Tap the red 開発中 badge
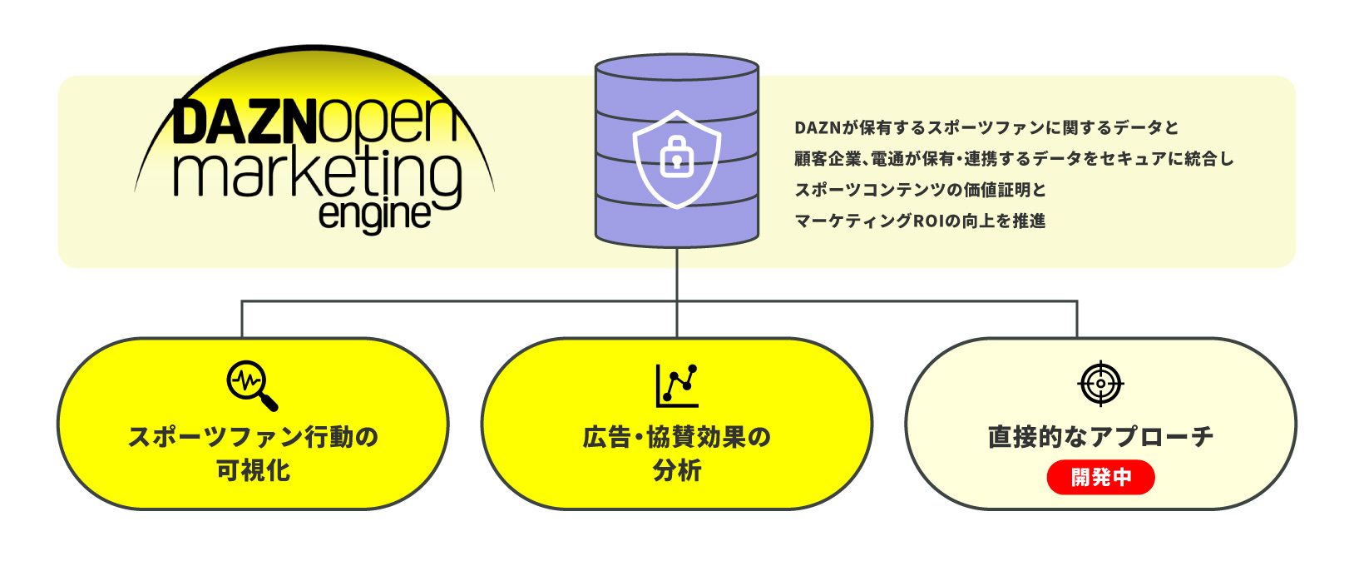pos(1100,477)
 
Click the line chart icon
pos(677,385)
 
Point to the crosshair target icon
pos(1100,384)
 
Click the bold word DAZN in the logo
pos(245,123)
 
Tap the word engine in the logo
pos(374,214)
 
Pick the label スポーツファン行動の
pos(253,436)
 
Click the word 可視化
pos(253,470)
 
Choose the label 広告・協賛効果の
pos(676,436)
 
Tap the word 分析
pos(677,470)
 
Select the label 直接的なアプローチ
pos(1100,436)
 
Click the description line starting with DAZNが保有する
pos(986,127)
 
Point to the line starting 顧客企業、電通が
pos(1013,158)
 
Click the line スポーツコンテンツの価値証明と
pos(920,190)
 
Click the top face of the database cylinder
pos(677,67)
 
